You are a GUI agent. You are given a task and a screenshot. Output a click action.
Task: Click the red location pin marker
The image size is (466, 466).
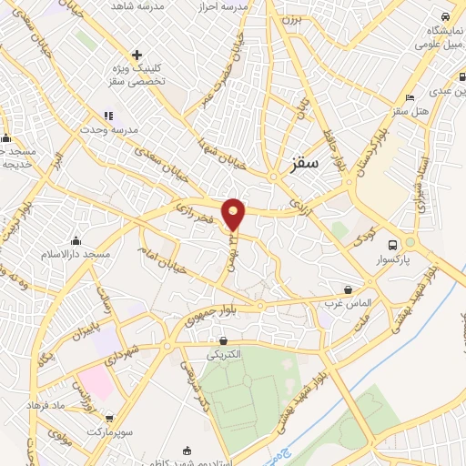235,213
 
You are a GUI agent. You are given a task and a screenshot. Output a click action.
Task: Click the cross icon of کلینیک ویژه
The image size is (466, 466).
137,56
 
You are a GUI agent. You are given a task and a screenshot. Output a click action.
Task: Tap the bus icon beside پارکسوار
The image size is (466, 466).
392,245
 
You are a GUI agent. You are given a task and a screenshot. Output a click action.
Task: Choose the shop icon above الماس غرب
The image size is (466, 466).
349,286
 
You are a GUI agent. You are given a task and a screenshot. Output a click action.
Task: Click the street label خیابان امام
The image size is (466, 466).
165,255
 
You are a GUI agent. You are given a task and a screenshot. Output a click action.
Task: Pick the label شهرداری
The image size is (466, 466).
147,349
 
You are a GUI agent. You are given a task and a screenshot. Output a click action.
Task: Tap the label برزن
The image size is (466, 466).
289,18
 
